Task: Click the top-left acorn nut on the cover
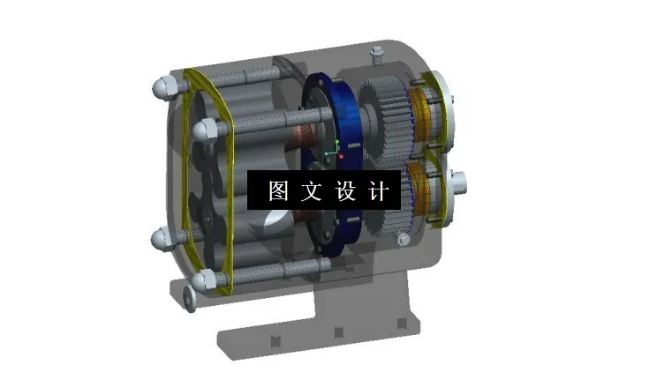tap(164, 87)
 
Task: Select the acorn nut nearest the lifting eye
tap(204, 279)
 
